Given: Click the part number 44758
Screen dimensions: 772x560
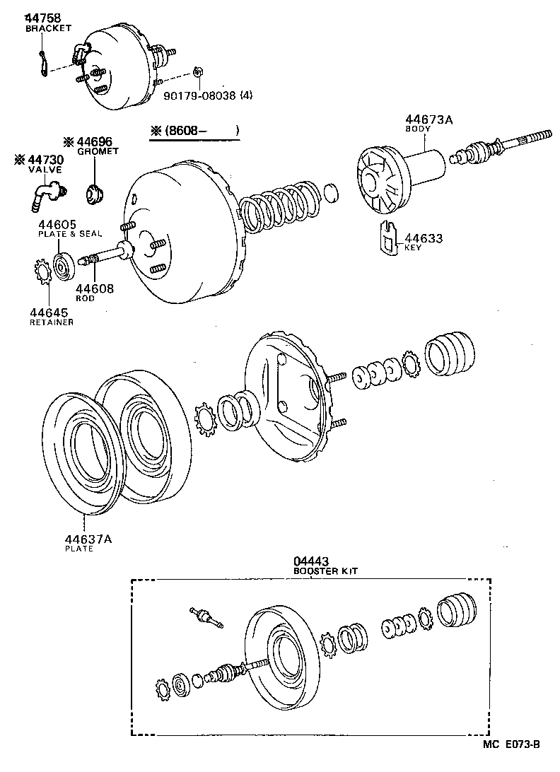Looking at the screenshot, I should pos(44,17).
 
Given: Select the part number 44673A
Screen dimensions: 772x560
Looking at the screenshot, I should pos(428,120).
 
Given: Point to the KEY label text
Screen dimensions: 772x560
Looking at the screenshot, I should pos(412,248).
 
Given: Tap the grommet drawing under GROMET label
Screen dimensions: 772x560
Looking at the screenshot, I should pos(93,192).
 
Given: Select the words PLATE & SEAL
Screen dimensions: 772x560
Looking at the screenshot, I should pos(70,233).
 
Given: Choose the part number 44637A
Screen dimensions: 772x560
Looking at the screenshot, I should pos(88,539).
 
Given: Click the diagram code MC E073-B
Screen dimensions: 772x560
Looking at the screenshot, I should pos(512,744).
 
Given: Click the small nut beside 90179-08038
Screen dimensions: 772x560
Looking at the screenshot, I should pos(198,74).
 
